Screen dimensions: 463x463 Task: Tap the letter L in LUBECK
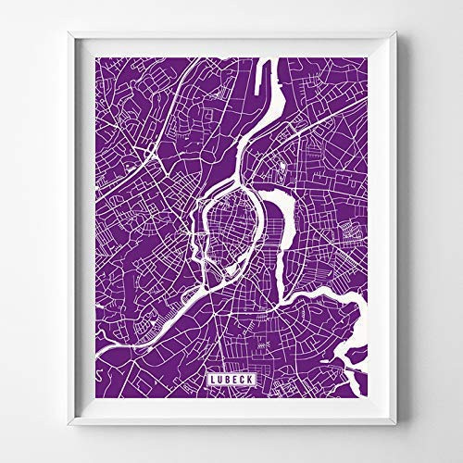point(213,380)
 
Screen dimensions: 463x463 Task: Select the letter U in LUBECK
point(219,380)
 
